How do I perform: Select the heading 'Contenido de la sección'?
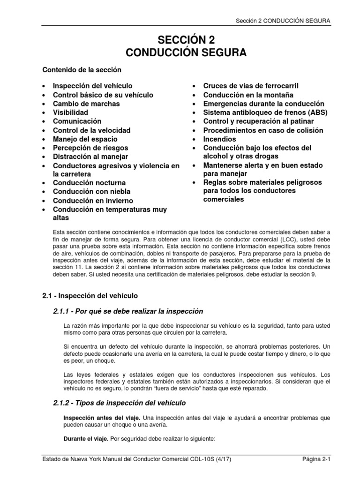point(82,70)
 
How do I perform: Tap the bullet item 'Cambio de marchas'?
point(86,104)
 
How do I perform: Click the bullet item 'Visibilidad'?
point(70,112)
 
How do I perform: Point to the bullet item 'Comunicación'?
point(77,121)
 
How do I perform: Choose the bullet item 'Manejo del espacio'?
point(85,139)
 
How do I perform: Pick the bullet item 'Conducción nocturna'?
point(89,183)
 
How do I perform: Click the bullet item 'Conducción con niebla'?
point(91,192)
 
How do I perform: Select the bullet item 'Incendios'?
point(219,139)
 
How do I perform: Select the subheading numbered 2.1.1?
point(122,312)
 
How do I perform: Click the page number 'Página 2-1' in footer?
point(316,473)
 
